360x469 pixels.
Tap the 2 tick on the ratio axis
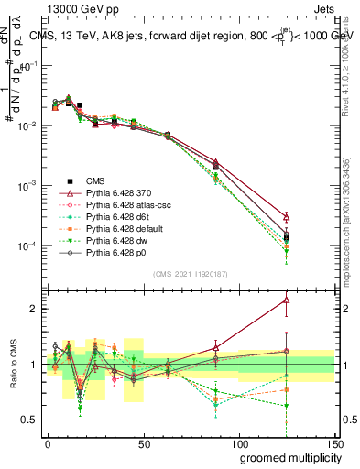tap(36, 309)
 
